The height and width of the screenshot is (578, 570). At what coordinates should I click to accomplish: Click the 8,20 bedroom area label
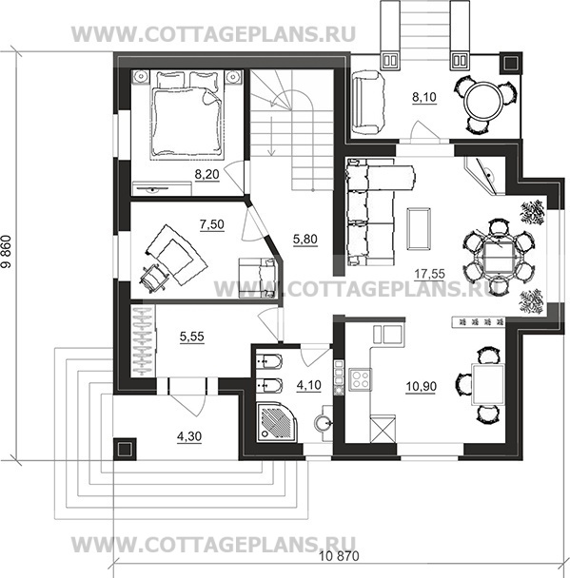click(207, 174)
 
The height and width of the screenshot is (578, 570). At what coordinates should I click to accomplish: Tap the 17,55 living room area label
click(429, 274)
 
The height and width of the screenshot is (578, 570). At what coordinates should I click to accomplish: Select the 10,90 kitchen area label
click(421, 386)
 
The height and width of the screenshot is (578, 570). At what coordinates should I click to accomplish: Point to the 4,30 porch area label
click(189, 436)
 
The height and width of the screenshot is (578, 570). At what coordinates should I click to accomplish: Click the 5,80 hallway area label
click(305, 240)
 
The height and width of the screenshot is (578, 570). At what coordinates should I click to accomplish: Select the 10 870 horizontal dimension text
click(339, 555)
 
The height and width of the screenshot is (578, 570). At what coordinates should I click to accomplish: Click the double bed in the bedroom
click(187, 115)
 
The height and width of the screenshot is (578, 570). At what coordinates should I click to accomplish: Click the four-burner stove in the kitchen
click(360, 379)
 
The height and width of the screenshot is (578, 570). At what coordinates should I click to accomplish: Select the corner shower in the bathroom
click(278, 422)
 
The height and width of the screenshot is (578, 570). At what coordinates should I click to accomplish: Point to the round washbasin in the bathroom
click(324, 424)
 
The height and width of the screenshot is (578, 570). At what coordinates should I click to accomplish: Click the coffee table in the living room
click(419, 228)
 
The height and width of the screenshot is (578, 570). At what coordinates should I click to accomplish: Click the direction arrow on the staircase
click(272, 136)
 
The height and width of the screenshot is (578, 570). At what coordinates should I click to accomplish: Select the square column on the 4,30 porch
click(125, 449)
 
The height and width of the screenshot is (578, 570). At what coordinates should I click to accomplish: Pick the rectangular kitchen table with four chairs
click(488, 384)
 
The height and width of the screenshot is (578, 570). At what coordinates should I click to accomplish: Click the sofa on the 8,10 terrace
click(366, 104)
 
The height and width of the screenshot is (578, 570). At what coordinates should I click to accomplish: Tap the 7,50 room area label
click(212, 224)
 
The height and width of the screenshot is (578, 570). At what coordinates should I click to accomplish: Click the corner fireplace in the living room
click(485, 176)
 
